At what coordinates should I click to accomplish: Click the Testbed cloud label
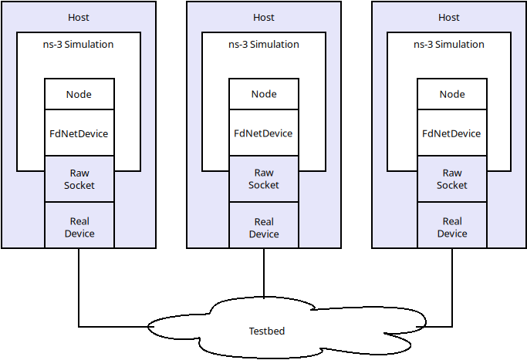click(x=267, y=331)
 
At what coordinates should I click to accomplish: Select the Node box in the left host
click(x=79, y=94)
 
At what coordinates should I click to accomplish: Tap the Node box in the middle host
click(x=264, y=94)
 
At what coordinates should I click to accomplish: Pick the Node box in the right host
click(x=452, y=94)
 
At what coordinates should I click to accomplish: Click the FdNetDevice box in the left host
click(x=79, y=133)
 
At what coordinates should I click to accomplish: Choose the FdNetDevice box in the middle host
click(x=264, y=133)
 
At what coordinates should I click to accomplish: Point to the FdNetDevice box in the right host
click(x=452, y=133)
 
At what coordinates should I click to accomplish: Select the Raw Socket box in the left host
click(x=79, y=179)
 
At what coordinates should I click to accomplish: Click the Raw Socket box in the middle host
click(x=264, y=179)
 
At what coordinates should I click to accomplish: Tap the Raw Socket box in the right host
click(x=452, y=179)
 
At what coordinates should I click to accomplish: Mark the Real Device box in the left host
click(x=79, y=227)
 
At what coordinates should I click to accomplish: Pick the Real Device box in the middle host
click(x=264, y=227)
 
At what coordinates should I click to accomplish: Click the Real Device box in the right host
click(x=452, y=227)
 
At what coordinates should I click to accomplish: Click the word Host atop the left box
click(x=79, y=17)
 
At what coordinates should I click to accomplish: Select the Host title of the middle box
click(x=264, y=17)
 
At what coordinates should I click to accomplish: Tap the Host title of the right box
click(x=449, y=17)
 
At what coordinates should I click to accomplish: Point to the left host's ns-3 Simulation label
click(x=79, y=44)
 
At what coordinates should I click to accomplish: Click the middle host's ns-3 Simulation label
click(x=264, y=44)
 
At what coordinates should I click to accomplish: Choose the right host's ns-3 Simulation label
click(x=449, y=44)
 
